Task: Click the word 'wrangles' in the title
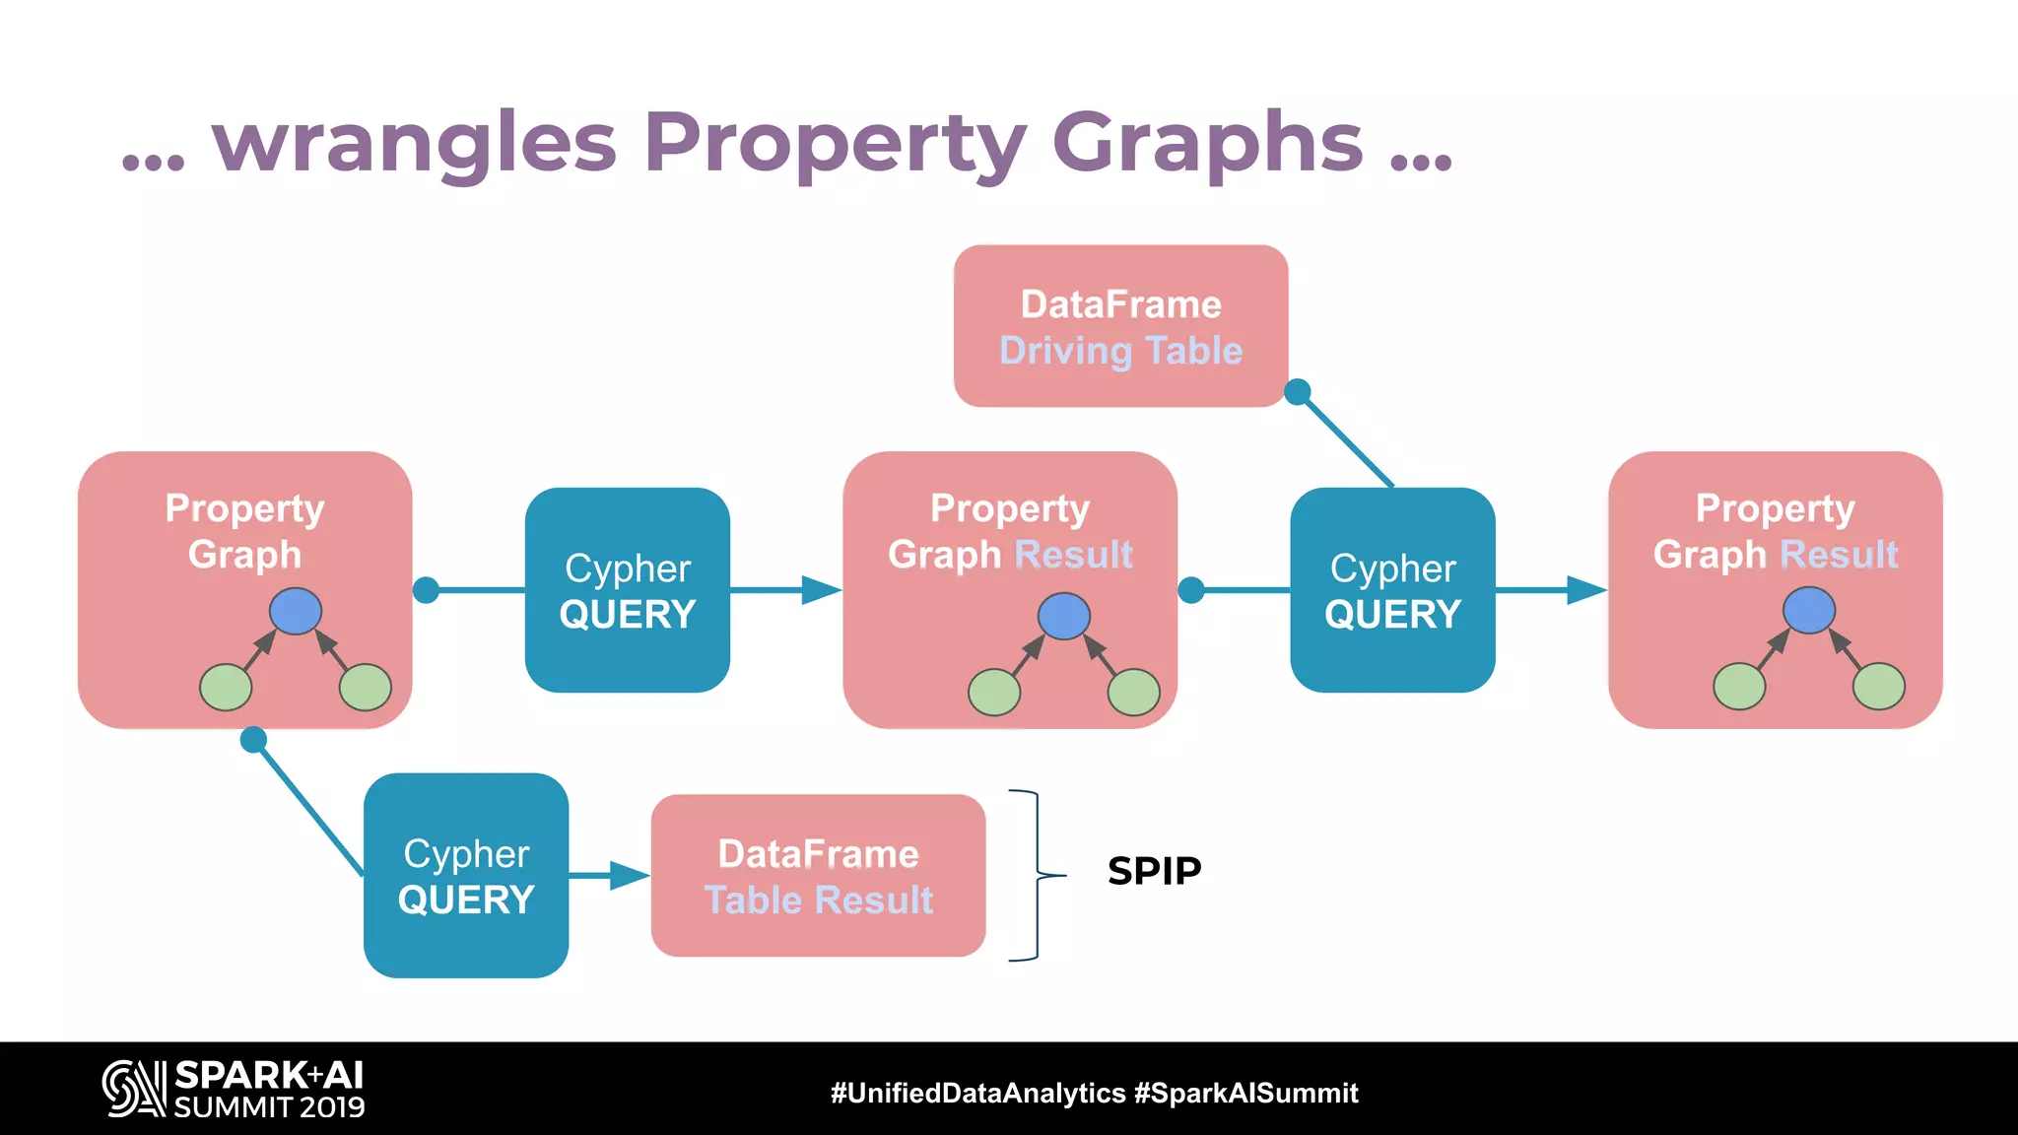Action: pyautogui.click(x=414, y=144)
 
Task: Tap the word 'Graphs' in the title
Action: pyautogui.click(x=1207, y=144)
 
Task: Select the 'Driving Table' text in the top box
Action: pyautogui.click(x=1120, y=351)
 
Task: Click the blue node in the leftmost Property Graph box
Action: pyautogui.click(x=296, y=611)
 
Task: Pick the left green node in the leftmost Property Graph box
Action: pyautogui.click(x=226, y=687)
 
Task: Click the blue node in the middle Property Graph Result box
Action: pyautogui.click(x=1063, y=616)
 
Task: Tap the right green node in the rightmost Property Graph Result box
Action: pyautogui.click(x=1878, y=687)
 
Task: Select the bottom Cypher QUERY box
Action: pyautogui.click(x=466, y=876)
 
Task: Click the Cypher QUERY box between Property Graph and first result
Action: pyautogui.click(x=628, y=590)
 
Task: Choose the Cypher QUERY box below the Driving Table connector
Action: pyautogui.click(x=1392, y=590)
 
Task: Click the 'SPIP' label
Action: pyautogui.click(x=1154, y=871)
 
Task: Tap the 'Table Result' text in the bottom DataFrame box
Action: pyautogui.click(x=818, y=900)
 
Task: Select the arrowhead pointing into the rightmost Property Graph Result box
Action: pyautogui.click(x=1585, y=590)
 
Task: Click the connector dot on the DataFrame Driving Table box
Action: pyautogui.click(x=1298, y=392)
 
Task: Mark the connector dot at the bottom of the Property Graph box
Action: pyautogui.click(x=253, y=739)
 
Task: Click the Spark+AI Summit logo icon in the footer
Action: pyautogui.click(x=134, y=1089)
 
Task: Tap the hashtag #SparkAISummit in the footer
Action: pyautogui.click(x=1245, y=1093)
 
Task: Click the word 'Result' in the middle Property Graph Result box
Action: pyautogui.click(x=1073, y=555)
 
